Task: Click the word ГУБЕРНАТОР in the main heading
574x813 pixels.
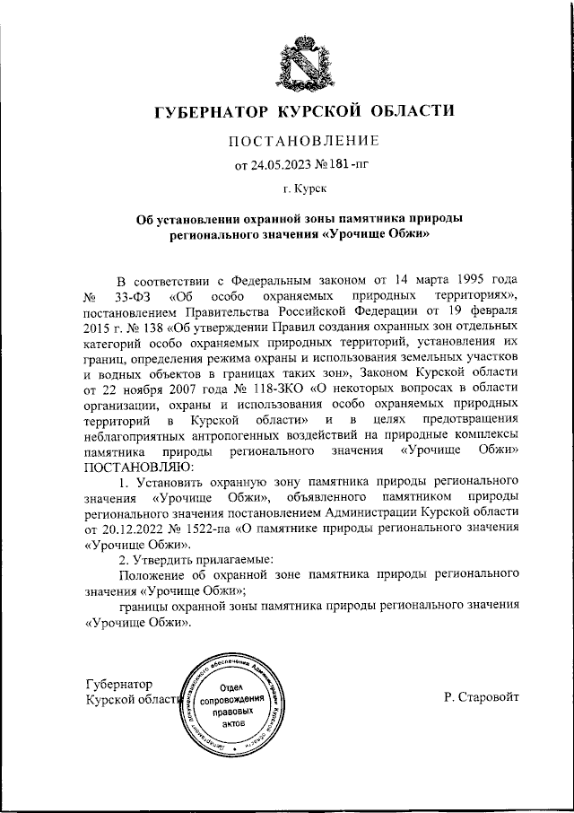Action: pyautogui.click(x=213, y=112)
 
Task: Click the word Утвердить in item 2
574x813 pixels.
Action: pyautogui.click(x=161, y=559)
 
